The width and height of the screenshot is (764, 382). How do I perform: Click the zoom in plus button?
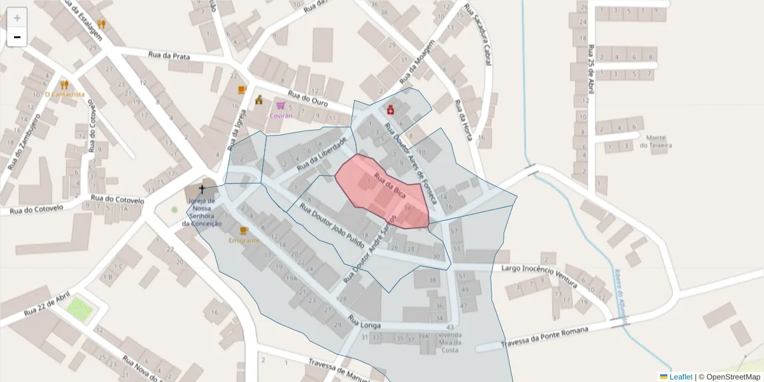[17, 18]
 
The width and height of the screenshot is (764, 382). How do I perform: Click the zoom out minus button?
[17, 38]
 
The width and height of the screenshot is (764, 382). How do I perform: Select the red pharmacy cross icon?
[390, 110]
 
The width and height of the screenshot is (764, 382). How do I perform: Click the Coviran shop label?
[281, 116]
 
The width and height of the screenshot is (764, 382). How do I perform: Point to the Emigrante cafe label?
[243, 241]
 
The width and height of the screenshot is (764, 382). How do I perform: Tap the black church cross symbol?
[202, 188]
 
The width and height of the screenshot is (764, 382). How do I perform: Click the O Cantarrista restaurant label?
[64, 94]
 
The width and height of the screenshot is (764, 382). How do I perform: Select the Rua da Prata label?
[169, 56]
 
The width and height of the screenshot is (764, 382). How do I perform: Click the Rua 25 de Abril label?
[591, 69]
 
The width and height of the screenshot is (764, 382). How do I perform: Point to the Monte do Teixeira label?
[656, 141]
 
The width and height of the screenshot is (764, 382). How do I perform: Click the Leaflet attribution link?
[681, 377]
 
